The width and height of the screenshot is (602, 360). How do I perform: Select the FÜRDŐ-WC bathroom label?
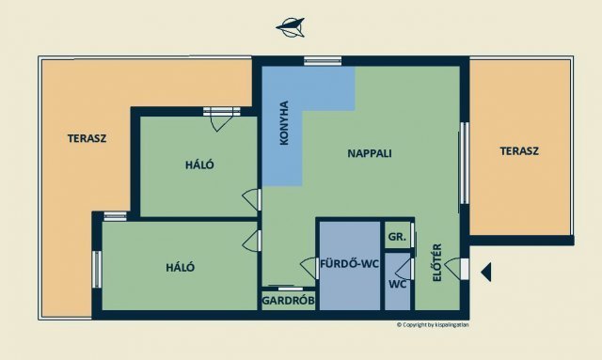[x=349, y=264]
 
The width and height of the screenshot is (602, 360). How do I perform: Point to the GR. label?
[x=396, y=237]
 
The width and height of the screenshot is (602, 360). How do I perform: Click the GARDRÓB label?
[x=288, y=302]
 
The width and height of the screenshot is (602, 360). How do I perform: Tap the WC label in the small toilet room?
[x=397, y=284]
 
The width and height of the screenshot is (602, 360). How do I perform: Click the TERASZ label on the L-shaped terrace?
[x=87, y=138]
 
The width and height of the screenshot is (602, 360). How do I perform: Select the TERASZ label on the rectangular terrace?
[x=519, y=150]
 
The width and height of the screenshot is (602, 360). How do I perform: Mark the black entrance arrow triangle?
[x=486, y=272]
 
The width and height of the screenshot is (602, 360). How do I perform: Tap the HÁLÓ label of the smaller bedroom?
[x=199, y=164]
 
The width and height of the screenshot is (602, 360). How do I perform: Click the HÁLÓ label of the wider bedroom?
[x=180, y=267]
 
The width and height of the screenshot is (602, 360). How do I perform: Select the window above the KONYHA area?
[x=322, y=62]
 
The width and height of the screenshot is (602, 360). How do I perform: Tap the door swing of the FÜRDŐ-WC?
[x=308, y=268]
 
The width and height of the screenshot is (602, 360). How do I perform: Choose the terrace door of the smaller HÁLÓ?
[x=222, y=112]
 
